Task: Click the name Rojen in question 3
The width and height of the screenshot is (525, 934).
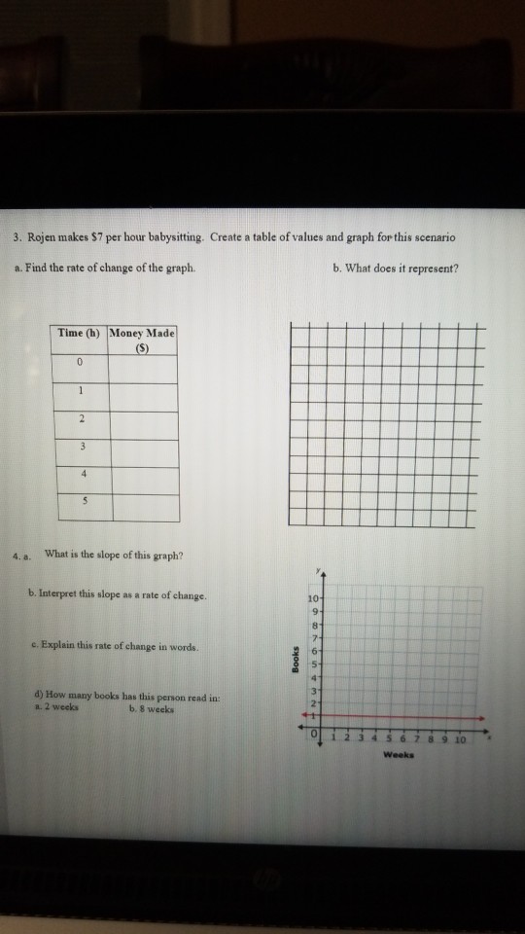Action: (x=45, y=237)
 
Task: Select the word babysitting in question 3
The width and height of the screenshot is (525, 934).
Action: (x=177, y=237)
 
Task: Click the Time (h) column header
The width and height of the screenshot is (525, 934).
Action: (x=82, y=333)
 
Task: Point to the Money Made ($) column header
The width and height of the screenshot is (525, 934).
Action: (x=143, y=340)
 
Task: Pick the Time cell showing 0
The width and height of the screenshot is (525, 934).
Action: (x=82, y=363)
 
